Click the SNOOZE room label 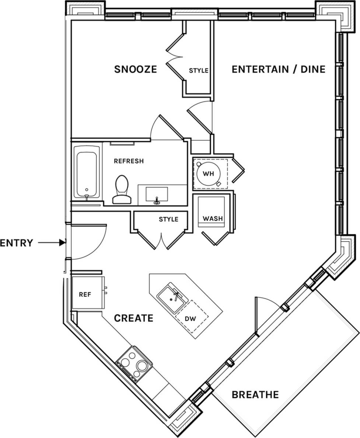click(x=135, y=69)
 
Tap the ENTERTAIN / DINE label click(x=278, y=69)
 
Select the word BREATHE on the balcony click(x=255, y=395)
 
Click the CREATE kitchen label click(x=133, y=318)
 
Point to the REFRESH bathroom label click(x=129, y=161)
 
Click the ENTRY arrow click(x=52, y=243)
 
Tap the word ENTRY click(x=17, y=243)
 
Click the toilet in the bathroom click(x=122, y=189)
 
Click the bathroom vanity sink click(x=157, y=194)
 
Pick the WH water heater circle click(x=209, y=173)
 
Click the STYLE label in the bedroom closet click(x=199, y=70)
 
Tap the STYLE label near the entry click(x=168, y=219)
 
